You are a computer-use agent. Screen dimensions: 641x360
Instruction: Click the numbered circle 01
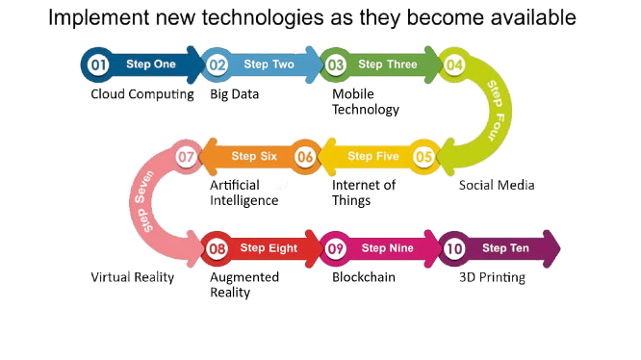click(x=98, y=64)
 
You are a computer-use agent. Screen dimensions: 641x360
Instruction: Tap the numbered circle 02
click(x=218, y=64)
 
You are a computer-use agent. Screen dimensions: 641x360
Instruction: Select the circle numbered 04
click(x=454, y=64)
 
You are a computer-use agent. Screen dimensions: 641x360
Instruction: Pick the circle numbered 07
click(x=186, y=157)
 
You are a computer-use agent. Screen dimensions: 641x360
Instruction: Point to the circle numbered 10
click(x=454, y=249)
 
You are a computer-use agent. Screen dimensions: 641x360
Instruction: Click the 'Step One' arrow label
click(x=151, y=64)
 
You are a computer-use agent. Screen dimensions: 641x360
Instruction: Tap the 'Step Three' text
click(x=388, y=64)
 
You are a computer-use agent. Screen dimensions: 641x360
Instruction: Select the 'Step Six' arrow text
click(x=254, y=156)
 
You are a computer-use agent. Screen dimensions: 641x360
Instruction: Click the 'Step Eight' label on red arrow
click(x=269, y=248)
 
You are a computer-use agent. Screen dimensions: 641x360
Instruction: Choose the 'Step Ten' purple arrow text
click(x=505, y=248)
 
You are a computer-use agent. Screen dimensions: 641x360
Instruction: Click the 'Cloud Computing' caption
click(x=142, y=94)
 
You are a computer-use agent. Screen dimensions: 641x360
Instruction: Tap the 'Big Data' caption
click(x=234, y=94)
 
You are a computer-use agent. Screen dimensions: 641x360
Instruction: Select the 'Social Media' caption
click(x=497, y=185)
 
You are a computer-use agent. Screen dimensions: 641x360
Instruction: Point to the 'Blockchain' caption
click(x=364, y=277)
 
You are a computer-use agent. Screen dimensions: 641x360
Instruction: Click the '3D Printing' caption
click(x=492, y=277)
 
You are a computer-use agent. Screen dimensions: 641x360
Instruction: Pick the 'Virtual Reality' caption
click(x=133, y=277)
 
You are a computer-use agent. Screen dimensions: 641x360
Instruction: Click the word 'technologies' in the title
click(x=263, y=18)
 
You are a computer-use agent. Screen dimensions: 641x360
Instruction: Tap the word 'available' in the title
click(x=533, y=17)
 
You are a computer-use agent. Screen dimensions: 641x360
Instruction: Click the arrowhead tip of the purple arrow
click(x=560, y=248)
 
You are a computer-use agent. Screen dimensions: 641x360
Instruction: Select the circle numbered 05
click(x=423, y=157)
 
